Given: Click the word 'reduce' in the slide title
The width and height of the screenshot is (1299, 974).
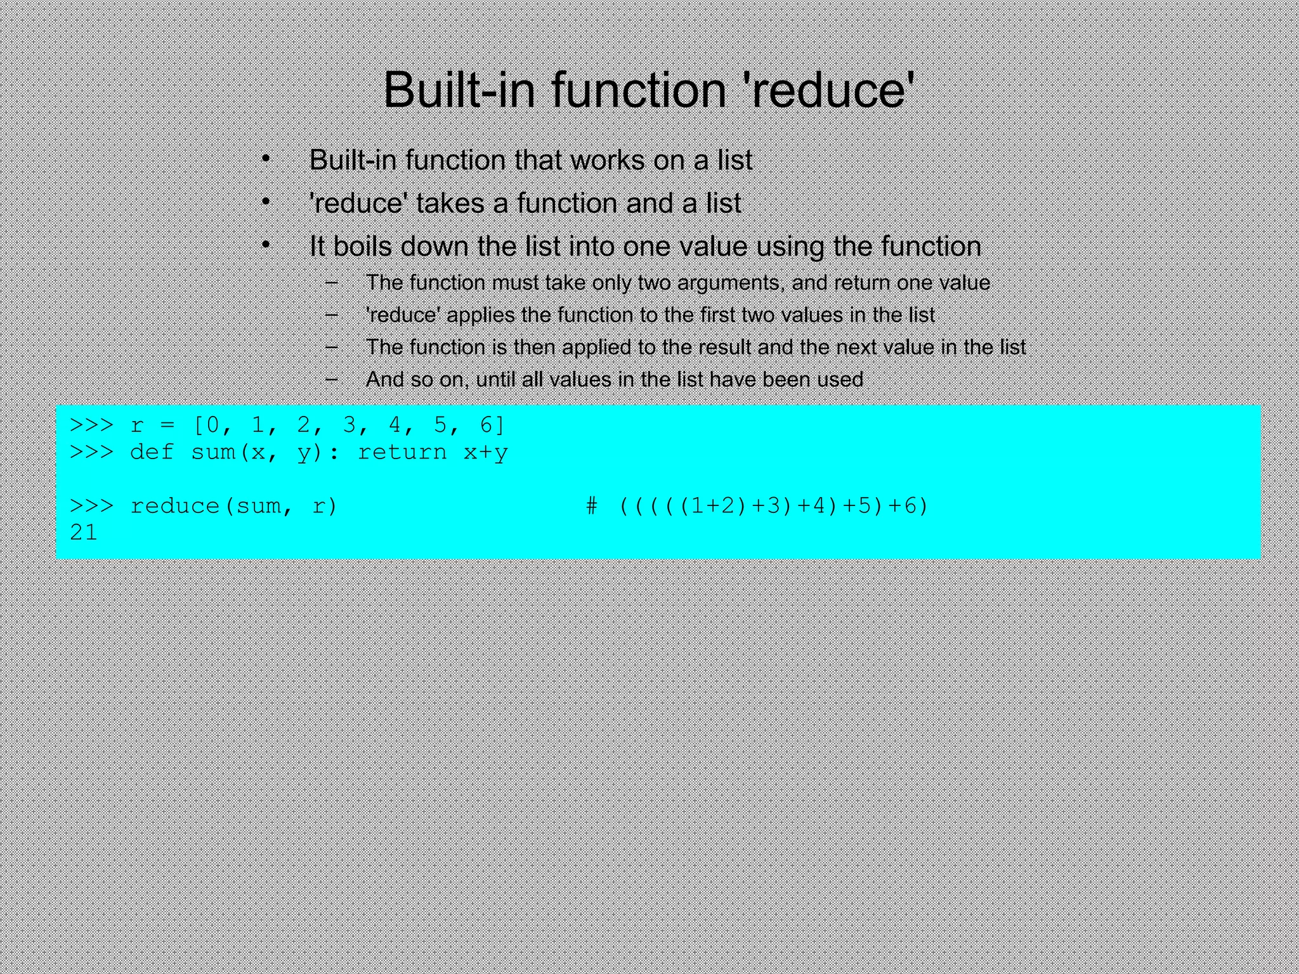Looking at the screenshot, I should tap(828, 90).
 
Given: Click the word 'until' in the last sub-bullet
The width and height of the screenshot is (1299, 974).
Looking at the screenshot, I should tap(496, 380).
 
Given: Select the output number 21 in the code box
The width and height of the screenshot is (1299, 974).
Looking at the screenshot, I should tap(84, 533).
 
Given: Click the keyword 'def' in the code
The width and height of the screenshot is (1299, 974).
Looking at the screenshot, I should tap(152, 452).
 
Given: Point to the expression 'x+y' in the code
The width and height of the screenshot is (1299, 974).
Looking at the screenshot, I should tap(486, 452).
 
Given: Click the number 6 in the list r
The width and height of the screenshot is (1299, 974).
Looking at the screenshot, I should tap(486, 425).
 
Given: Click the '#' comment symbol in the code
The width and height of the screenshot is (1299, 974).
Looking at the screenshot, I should tap(591, 506).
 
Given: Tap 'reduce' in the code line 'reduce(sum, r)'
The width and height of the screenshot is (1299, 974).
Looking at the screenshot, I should tap(174, 506).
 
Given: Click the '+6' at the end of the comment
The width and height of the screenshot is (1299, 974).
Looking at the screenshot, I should tap(903, 506).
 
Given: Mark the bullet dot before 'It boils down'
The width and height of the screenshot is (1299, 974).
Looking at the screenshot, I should tap(266, 245).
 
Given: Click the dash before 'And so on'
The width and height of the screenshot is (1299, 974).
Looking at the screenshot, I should tap(331, 379).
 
